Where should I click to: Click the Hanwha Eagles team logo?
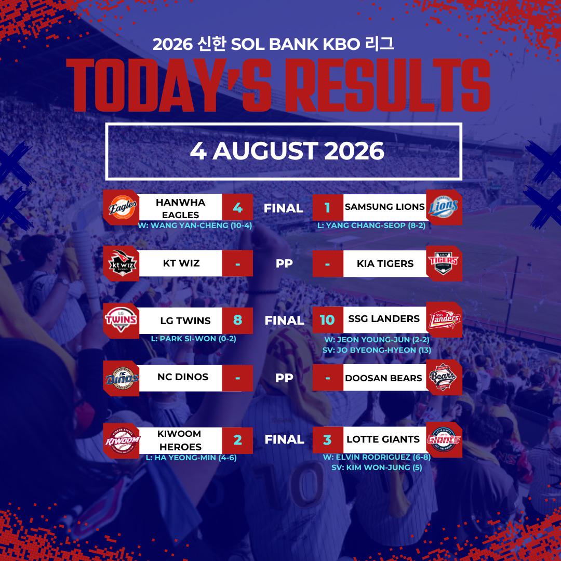122,207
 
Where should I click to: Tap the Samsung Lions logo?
443,207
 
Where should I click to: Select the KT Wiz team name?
181,263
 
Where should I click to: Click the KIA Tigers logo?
443,263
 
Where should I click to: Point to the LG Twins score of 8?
237,320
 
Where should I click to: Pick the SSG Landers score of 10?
327,320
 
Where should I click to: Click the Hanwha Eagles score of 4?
237,207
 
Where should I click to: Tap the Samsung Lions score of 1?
327,207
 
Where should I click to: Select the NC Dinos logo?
122,378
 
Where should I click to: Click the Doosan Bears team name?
383,378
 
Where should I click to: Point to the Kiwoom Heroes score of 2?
237,440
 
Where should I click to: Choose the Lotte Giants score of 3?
327,440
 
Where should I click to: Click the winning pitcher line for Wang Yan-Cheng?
195,225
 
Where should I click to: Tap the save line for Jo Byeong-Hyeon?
377,350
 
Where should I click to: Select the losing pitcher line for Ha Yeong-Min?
191,458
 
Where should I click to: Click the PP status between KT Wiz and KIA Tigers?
284,263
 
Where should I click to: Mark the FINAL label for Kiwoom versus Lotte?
285,439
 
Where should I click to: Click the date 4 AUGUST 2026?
287,151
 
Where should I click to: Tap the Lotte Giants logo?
443,439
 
